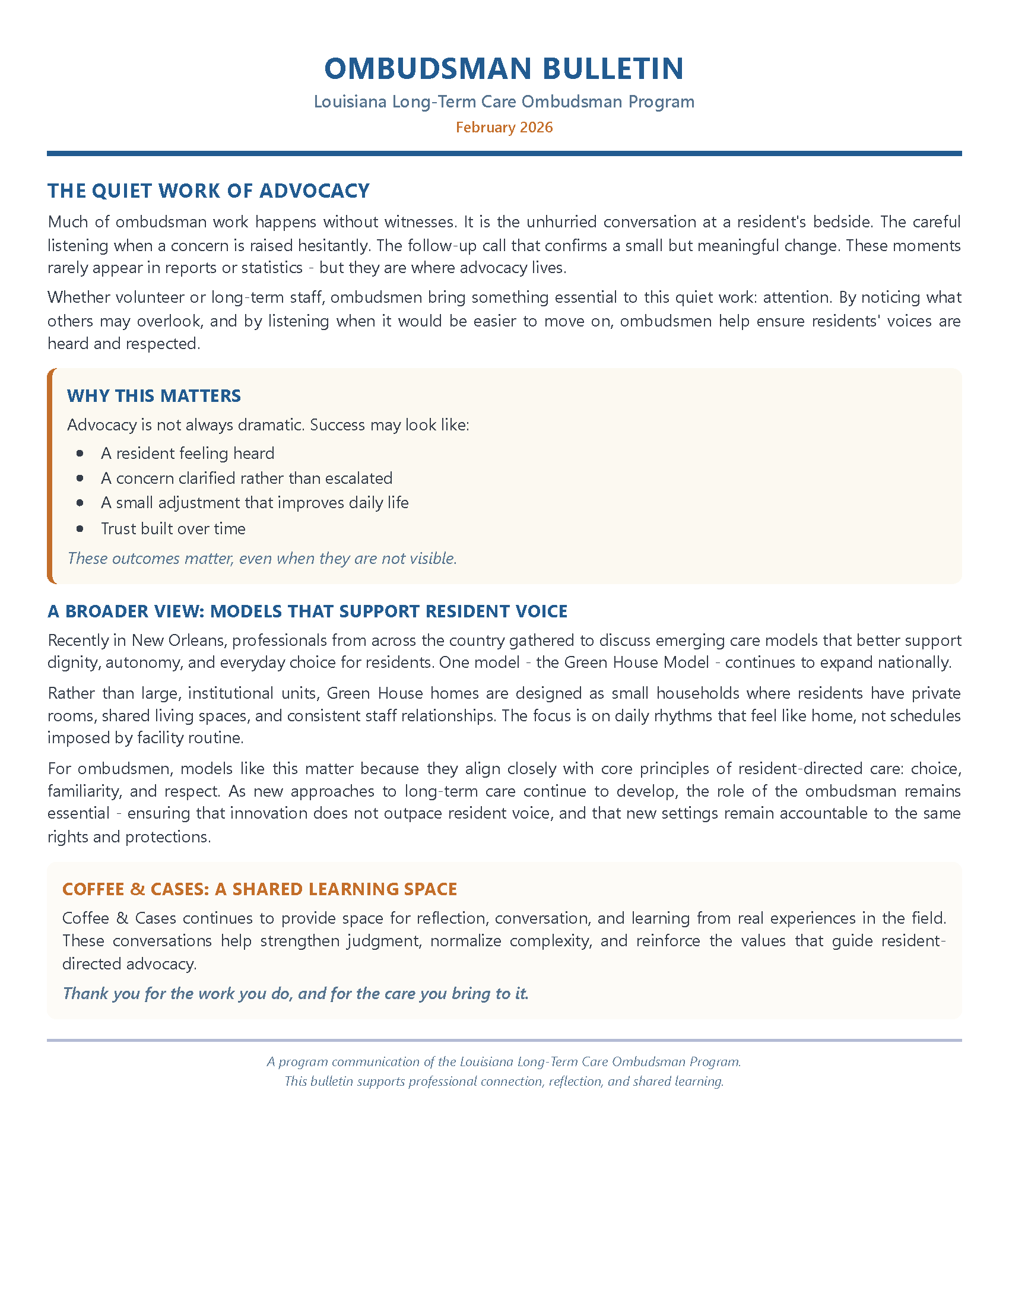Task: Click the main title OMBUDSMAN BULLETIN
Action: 504,68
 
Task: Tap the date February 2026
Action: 504,128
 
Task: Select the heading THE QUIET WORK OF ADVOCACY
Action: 208,191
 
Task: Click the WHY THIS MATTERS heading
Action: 154,396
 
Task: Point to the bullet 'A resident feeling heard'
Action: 188,454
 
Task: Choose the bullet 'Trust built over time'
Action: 173,528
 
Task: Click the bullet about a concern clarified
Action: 246,478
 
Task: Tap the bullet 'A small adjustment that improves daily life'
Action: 255,503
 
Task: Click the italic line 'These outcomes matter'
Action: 262,559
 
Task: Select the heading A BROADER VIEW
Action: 307,611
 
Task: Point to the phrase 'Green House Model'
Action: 637,662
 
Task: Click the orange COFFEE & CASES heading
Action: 259,889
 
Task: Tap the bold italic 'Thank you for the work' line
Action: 296,993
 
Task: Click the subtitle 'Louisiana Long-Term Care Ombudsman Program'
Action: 504,102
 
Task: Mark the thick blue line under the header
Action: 504,154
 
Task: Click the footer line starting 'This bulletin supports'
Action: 504,1081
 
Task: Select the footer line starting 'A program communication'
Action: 504,1061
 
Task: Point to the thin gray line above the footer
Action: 504,1041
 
